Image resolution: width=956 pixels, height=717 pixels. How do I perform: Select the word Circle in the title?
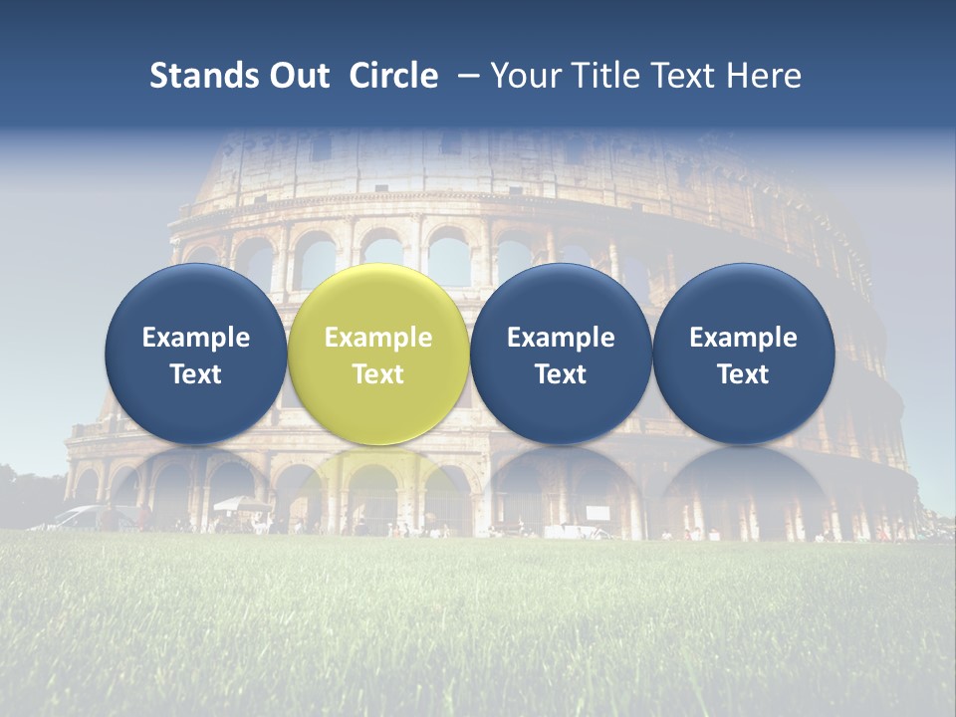tap(393, 76)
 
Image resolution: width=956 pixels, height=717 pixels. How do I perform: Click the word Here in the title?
tap(766, 76)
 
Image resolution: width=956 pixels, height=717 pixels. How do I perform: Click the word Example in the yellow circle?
tap(378, 338)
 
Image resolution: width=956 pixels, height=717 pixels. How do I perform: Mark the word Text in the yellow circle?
tap(378, 374)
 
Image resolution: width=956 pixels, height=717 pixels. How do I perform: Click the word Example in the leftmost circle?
tap(196, 338)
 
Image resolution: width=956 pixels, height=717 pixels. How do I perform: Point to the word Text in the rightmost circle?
tap(743, 374)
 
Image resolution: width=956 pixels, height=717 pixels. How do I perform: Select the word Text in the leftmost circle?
tap(196, 374)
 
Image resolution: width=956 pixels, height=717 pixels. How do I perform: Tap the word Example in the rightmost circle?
tap(743, 338)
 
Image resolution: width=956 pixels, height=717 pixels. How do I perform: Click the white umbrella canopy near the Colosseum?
tap(242, 503)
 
